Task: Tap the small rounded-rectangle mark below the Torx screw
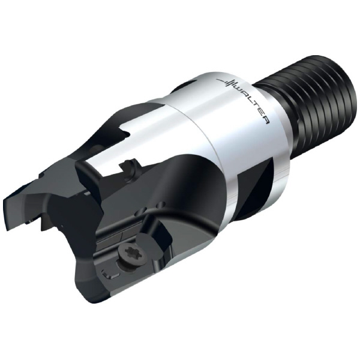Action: (110, 274)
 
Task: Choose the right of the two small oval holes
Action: (161, 203)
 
